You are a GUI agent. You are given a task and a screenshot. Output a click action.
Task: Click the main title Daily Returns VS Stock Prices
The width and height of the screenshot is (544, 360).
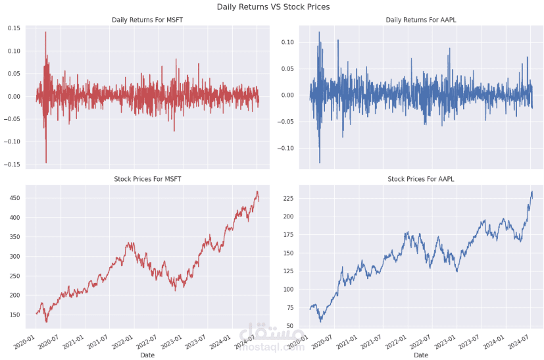pyautogui.click(x=273, y=7)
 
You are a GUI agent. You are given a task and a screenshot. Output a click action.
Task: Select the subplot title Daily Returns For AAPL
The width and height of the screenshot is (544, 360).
pyautogui.click(x=421, y=20)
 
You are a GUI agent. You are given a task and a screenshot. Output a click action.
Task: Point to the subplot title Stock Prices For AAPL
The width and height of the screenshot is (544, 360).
pyautogui.click(x=421, y=179)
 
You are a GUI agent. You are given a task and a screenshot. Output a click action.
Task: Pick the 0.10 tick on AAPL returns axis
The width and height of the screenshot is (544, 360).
pyautogui.click(x=287, y=42)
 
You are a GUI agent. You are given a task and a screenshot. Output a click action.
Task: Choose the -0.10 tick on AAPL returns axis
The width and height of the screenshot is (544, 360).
pyautogui.click(x=286, y=148)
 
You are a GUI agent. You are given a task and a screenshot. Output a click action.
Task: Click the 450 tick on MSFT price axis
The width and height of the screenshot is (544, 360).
pyautogui.click(x=15, y=198)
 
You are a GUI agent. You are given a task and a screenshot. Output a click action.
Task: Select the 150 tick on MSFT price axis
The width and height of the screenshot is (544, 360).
pyautogui.click(x=15, y=315)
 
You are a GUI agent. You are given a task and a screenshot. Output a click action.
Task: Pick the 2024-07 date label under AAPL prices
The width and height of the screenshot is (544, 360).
pyautogui.click(x=520, y=343)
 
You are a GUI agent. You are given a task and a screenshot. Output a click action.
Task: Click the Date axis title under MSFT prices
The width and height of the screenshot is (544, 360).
pyautogui.click(x=147, y=355)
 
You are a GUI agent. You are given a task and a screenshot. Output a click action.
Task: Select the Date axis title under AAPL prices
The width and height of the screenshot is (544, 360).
pyautogui.click(x=421, y=355)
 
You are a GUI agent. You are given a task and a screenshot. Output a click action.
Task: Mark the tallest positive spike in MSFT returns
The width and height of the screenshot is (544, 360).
pyautogui.click(x=45, y=32)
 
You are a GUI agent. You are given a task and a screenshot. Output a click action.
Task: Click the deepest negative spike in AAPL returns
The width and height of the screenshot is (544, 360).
pyautogui.click(x=320, y=162)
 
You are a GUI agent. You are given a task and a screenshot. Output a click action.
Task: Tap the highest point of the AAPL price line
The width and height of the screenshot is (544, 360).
pyautogui.click(x=532, y=192)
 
